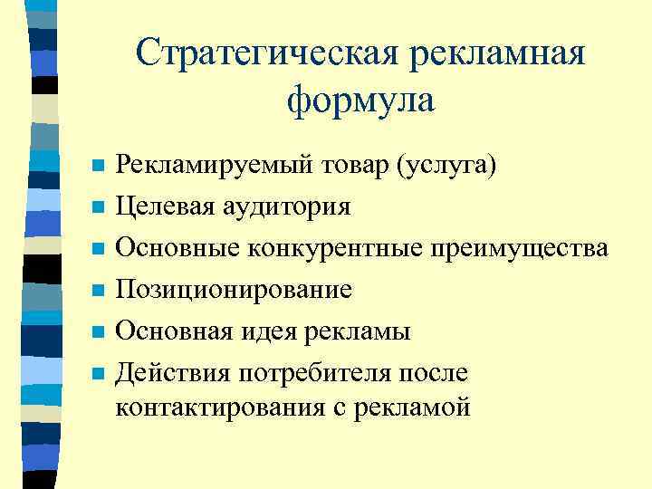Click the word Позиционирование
(234, 289)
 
